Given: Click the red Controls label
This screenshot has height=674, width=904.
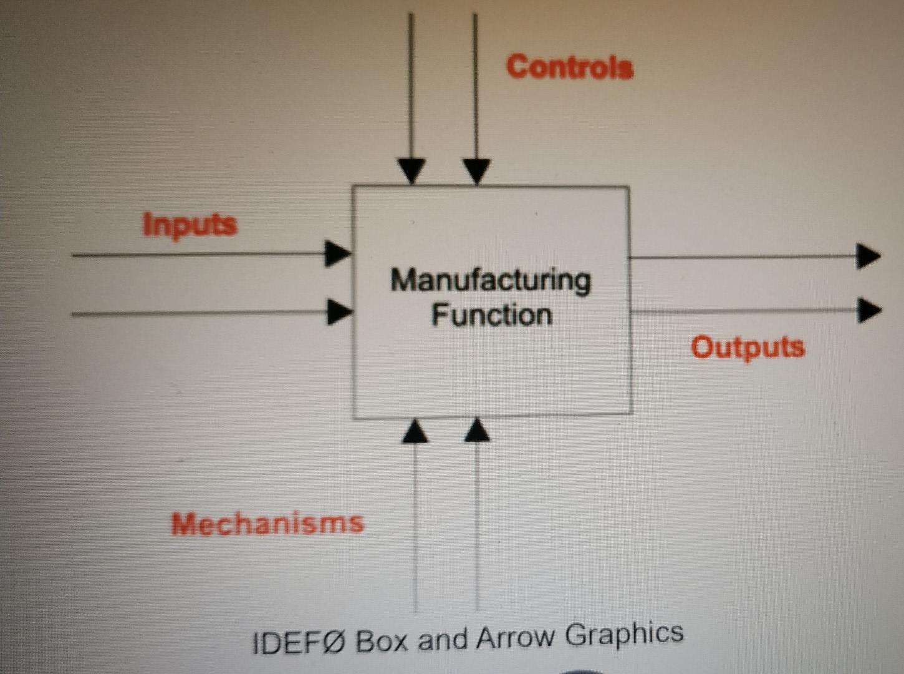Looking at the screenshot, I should tap(570, 67).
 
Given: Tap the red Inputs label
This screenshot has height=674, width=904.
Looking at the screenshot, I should tap(190, 224).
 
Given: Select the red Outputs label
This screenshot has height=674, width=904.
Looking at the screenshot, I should tap(748, 347).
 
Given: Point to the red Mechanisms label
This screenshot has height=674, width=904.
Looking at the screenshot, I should tap(267, 523).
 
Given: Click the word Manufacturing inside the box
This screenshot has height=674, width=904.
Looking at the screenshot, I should tap(491, 281).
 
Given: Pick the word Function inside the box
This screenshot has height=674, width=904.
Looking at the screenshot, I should tap(492, 315).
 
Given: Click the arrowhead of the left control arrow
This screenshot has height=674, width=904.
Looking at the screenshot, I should tap(411, 170).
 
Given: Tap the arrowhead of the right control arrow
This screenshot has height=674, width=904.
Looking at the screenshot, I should tap(476, 171).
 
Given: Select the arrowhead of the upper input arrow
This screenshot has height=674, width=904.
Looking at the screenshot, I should tap(337, 254).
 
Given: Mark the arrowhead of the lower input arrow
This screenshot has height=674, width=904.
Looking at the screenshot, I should tap(339, 311).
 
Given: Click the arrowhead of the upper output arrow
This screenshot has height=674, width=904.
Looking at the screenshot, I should tap(867, 256).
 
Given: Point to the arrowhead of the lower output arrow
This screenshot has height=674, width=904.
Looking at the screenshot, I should tap(868, 310).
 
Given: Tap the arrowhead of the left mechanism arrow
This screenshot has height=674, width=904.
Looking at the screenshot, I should tap(415, 431).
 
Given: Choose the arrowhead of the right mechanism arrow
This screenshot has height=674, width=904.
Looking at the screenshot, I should tap(477, 430).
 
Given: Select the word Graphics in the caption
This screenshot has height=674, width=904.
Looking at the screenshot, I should tap(624, 634).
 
